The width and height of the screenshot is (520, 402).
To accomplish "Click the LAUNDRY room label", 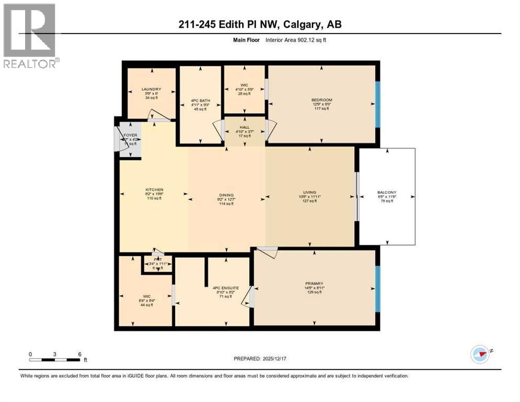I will pos(151,89).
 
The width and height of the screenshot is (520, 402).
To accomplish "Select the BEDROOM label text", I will pos(321,99).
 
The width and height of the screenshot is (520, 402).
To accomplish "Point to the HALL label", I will pos(245,127).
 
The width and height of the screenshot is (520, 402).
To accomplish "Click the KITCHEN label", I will pos(154,189).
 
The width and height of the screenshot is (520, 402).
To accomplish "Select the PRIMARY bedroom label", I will pos(314,283).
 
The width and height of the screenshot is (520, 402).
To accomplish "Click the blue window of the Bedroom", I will pos(377,104).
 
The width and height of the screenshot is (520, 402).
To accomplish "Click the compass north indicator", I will pos(480,354).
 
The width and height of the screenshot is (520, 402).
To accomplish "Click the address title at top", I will pos(260,25).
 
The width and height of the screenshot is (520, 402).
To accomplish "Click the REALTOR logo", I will pos(30,36).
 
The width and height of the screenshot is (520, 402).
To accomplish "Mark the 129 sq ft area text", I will pos(314,292).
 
